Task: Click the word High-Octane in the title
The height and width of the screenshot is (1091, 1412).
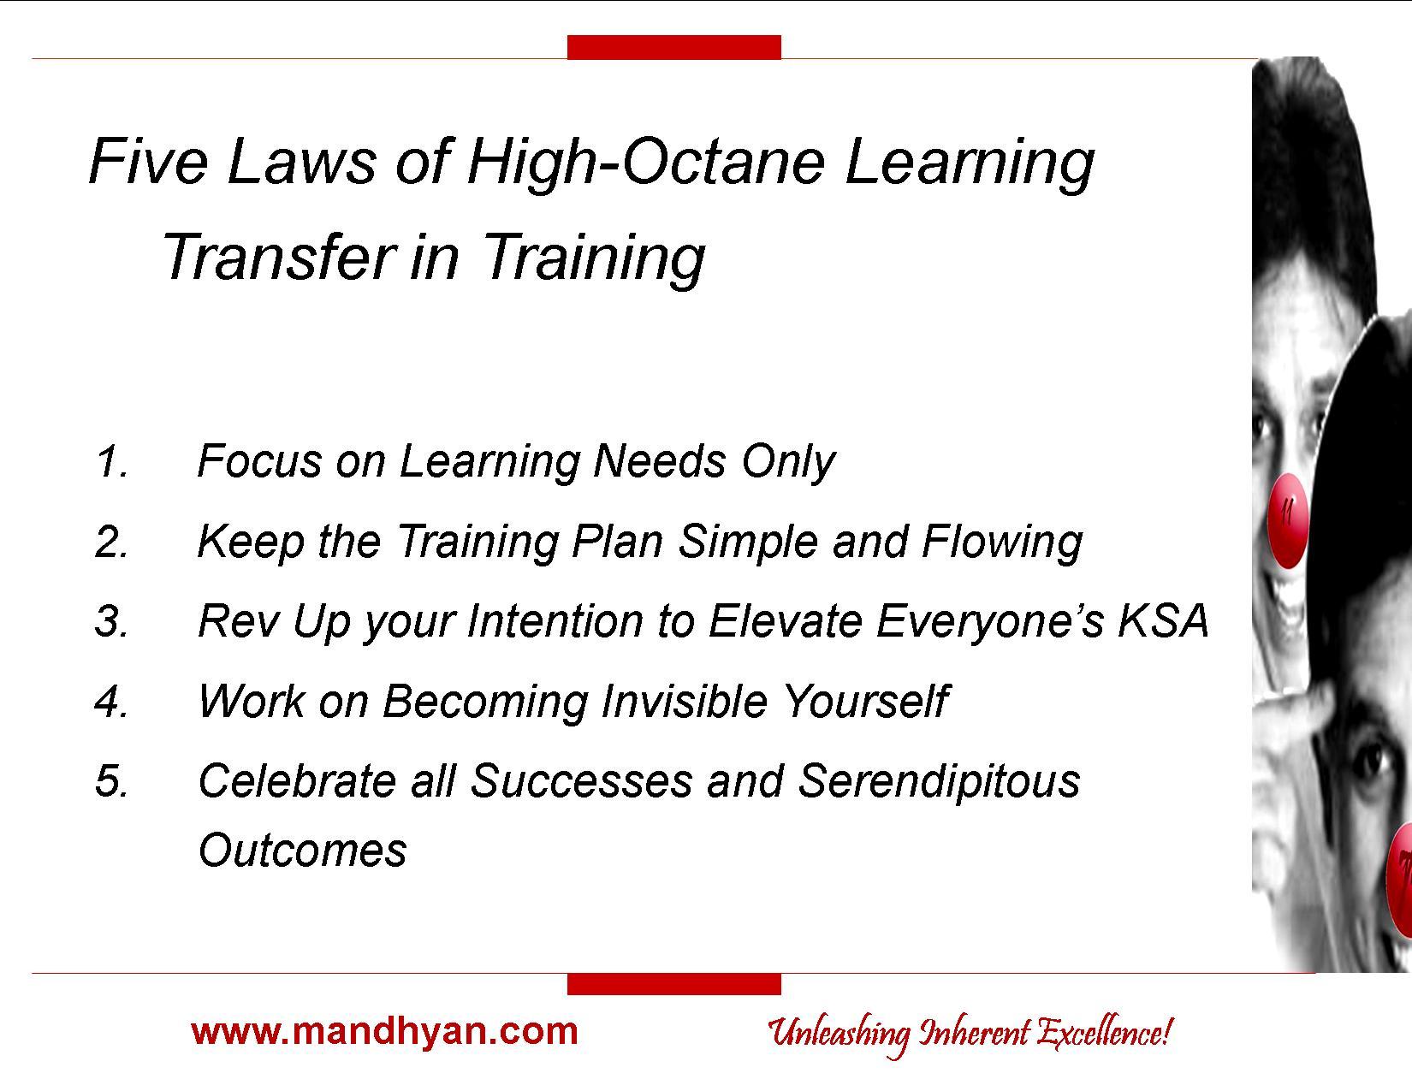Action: coord(647,162)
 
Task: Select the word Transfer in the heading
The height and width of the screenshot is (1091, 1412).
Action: coord(280,257)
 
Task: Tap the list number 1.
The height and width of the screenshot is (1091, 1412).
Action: coord(112,461)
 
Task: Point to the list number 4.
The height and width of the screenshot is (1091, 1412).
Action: coord(112,702)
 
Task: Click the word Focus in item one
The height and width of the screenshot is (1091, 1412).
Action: coord(260,461)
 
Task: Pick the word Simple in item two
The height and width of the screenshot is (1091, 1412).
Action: coord(747,543)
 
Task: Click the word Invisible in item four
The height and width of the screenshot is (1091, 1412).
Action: coord(685,702)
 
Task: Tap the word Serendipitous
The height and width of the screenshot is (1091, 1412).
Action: coord(938,782)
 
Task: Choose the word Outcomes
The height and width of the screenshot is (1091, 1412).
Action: coord(303,851)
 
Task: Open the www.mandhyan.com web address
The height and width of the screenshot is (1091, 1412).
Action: coord(385,1032)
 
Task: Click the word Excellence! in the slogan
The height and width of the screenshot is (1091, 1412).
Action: coord(1104,1033)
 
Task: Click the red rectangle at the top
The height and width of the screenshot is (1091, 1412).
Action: coord(673,47)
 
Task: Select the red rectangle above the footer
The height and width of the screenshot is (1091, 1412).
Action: coord(673,984)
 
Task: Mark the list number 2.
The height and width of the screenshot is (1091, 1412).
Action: coord(112,543)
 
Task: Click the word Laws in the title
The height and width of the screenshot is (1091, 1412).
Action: coord(301,162)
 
